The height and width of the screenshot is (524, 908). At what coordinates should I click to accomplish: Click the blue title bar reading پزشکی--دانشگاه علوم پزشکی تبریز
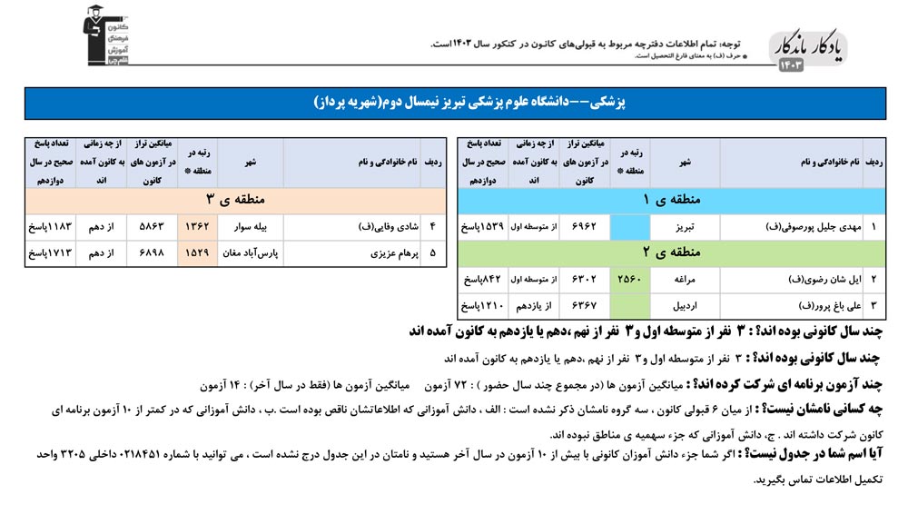pyautogui.click(x=454, y=103)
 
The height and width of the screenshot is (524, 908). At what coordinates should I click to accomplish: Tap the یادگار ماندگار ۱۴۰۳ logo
pyautogui.click(x=811, y=53)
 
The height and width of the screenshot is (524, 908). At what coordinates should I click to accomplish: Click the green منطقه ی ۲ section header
pyautogui.click(x=672, y=252)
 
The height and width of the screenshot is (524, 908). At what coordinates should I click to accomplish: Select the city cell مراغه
pyautogui.click(x=686, y=279)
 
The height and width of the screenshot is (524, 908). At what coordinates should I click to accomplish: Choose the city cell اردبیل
pyautogui.click(x=686, y=305)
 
